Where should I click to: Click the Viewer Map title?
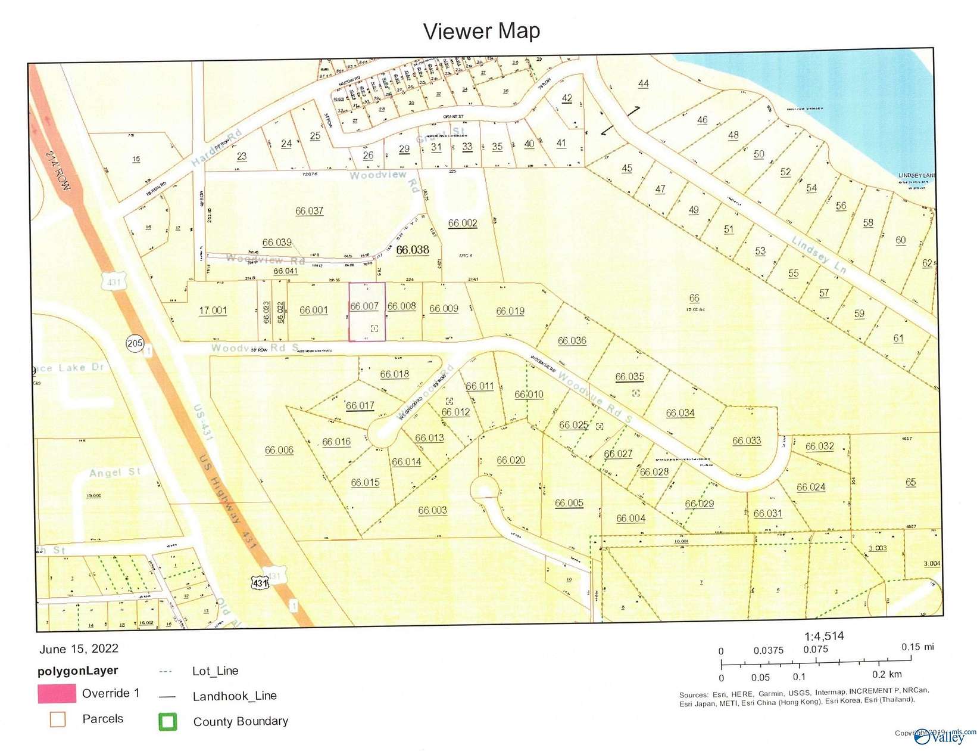click(x=481, y=31)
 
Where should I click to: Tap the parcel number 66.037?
click(x=309, y=210)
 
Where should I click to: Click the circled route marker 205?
click(x=135, y=343)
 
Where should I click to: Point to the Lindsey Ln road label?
click(x=819, y=254)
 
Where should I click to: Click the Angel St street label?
click(x=114, y=473)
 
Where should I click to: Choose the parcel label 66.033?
click(x=746, y=440)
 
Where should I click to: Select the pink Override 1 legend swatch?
click(x=57, y=694)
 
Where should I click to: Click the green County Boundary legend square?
click(x=167, y=722)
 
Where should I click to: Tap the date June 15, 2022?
click(x=79, y=648)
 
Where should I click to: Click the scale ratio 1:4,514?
click(x=824, y=636)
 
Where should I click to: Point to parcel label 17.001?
click(x=213, y=310)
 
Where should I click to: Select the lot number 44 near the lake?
click(x=643, y=83)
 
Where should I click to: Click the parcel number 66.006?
click(x=279, y=449)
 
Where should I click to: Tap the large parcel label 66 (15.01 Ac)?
click(x=694, y=298)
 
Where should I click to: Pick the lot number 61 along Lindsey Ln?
click(x=898, y=338)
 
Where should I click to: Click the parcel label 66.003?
click(x=432, y=510)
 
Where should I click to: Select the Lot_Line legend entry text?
click(x=215, y=671)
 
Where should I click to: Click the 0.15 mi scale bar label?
click(x=917, y=647)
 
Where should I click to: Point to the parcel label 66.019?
click(x=510, y=311)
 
